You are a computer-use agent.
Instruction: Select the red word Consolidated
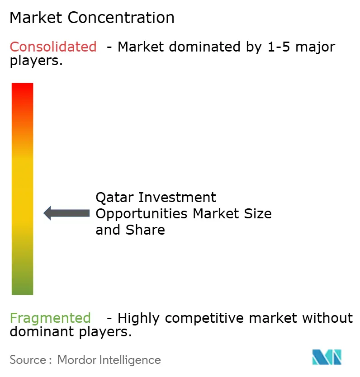[53, 47]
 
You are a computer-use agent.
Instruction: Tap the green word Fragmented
[50, 318]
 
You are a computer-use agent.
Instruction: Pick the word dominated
[196, 47]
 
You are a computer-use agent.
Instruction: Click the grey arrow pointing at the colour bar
[66, 213]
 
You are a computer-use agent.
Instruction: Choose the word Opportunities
[142, 213]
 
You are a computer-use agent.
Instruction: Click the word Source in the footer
[28, 360]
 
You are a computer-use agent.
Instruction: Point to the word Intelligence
[131, 360]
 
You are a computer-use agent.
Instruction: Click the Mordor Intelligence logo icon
[327, 357]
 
